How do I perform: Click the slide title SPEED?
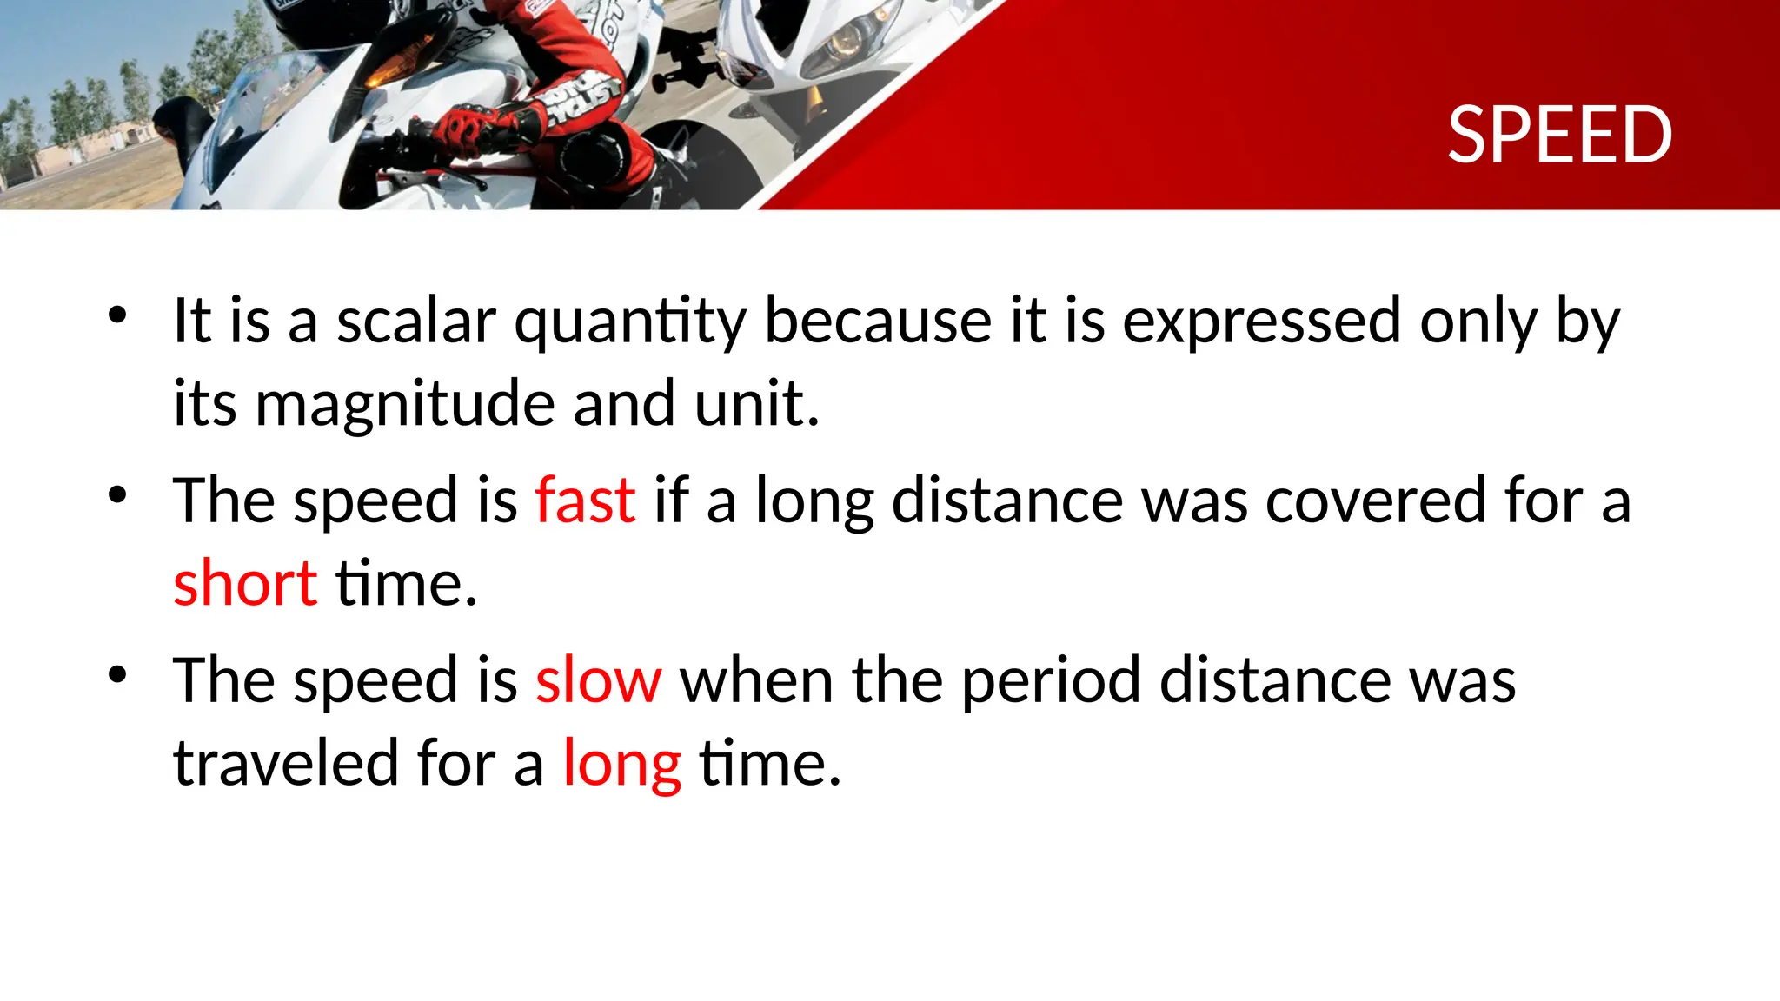(x=1559, y=136)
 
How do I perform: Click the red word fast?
(x=585, y=500)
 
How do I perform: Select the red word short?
(x=245, y=583)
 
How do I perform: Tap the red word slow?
(x=598, y=680)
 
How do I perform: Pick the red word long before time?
(x=621, y=765)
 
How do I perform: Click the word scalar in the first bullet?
(x=416, y=321)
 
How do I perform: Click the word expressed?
(x=1261, y=321)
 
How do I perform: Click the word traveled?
(x=286, y=763)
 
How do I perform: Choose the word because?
(x=877, y=321)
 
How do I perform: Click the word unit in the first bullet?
(x=756, y=405)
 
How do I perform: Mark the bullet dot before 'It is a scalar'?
(x=118, y=315)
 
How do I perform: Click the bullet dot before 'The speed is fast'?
(x=118, y=495)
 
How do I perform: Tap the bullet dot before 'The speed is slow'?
(x=118, y=674)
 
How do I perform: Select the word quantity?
(x=630, y=322)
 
